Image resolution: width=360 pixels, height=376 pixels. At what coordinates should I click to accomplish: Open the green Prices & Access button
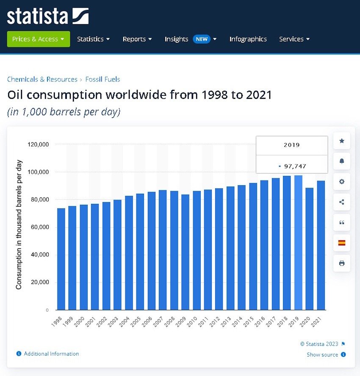point(38,39)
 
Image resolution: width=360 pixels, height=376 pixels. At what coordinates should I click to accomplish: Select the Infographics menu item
point(248,39)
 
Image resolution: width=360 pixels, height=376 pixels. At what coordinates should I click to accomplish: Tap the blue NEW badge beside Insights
point(202,39)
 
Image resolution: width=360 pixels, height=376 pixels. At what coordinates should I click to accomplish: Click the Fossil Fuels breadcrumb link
point(102,79)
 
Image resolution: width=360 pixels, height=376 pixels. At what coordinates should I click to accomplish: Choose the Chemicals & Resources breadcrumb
point(42,79)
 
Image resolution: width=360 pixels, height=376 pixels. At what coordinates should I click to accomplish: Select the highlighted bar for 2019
point(298,242)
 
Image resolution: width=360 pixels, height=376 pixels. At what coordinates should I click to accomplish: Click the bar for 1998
point(61,259)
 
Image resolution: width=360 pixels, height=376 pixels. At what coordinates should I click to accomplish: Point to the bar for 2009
point(185,252)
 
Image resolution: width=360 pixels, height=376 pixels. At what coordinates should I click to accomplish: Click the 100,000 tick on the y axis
point(38,172)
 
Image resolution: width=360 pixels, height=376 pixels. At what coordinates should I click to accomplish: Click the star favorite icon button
point(342,141)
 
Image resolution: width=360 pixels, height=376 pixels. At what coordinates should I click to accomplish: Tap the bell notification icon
point(342,161)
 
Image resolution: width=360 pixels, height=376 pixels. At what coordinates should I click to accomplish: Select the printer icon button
point(342,263)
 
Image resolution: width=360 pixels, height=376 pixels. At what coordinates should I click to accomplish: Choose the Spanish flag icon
point(342,243)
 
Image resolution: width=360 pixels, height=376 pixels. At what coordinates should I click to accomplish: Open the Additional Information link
point(51,354)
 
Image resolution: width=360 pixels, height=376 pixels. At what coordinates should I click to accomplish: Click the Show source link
point(322,354)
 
